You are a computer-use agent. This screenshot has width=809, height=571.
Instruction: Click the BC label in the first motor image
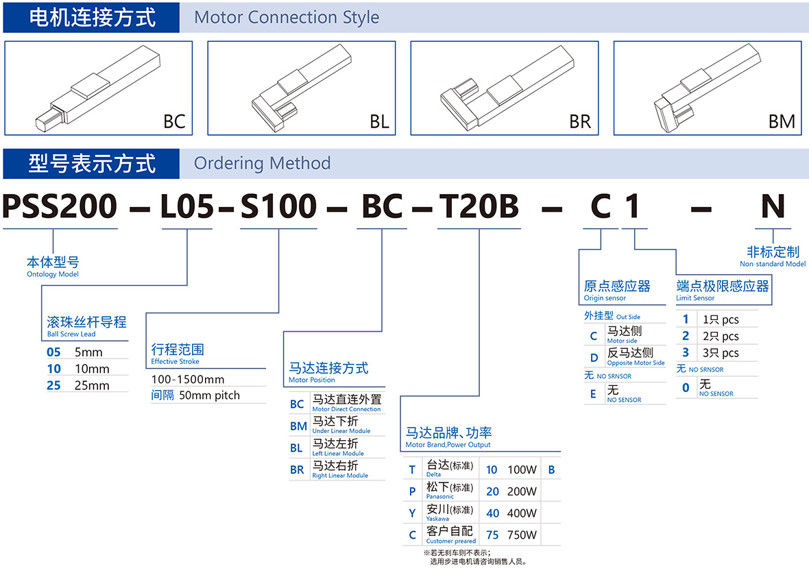(174, 122)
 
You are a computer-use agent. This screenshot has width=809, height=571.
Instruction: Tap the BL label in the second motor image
(379, 122)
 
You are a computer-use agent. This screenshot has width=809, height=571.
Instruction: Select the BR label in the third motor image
(580, 122)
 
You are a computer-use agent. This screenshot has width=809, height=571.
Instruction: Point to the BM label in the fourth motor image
(782, 122)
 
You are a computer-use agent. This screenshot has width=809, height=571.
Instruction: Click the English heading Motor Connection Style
(287, 18)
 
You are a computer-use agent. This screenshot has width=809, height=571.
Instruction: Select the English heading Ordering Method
(262, 164)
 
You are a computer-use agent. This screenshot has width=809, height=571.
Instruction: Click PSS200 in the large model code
(60, 206)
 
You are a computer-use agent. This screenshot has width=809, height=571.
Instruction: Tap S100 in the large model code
(278, 206)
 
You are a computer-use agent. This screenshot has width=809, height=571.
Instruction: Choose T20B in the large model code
(479, 206)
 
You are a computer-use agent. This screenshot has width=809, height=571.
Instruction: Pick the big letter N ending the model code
(773, 206)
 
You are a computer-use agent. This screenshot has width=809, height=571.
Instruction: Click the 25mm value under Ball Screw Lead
(92, 385)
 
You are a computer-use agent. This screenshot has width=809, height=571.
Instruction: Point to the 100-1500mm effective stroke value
(188, 380)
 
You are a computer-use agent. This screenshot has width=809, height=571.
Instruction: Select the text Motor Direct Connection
(346, 409)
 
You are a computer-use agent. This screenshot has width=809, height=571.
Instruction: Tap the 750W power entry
(522, 535)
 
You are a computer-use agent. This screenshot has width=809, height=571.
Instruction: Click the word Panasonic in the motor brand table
(439, 496)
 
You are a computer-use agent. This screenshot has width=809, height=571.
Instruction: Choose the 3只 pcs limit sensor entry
(721, 353)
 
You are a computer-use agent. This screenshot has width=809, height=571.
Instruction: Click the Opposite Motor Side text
(636, 363)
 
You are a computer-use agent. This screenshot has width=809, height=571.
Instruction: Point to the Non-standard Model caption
(773, 264)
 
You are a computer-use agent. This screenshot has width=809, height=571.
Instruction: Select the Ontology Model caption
(53, 274)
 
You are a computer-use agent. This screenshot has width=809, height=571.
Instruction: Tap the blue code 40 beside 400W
(493, 513)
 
